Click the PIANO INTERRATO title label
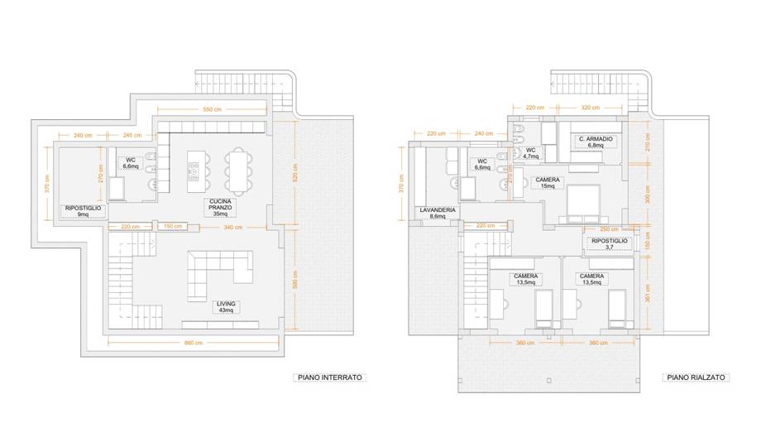pyautogui.click(x=328, y=378)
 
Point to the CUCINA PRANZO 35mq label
pyautogui.click(x=219, y=208)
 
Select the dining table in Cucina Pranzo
pyautogui.click(x=237, y=170)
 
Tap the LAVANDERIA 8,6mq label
pyautogui.click(x=438, y=214)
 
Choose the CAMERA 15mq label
pyautogui.click(x=547, y=183)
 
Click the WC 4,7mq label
pyautogui.click(x=530, y=153)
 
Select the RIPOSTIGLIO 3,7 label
pyautogui.click(x=610, y=243)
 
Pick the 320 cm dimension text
pyautogui.click(x=589, y=108)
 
